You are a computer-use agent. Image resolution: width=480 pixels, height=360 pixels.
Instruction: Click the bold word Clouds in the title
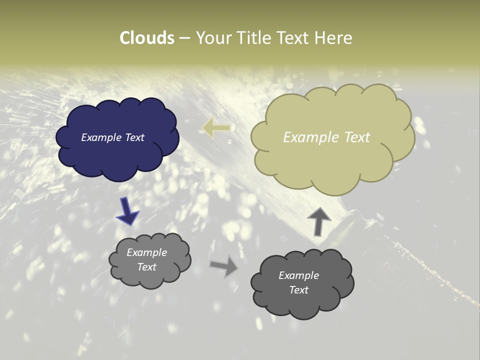click(147, 38)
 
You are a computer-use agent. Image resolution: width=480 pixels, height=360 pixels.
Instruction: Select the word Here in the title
click(334, 38)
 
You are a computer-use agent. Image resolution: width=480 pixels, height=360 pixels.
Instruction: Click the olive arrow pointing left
click(216, 128)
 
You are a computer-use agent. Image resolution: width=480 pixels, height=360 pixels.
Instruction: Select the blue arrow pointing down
click(127, 210)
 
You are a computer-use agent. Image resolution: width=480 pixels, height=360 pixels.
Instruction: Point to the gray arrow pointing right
click(224, 265)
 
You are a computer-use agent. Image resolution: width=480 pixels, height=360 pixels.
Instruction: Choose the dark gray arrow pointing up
click(319, 220)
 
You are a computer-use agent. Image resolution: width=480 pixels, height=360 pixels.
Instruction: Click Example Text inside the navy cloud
click(112, 137)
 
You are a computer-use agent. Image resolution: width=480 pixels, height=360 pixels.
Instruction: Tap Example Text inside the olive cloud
click(326, 137)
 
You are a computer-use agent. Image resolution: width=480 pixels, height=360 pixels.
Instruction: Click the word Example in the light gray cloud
click(146, 252)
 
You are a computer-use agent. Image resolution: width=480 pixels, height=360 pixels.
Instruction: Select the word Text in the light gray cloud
click(146, 267)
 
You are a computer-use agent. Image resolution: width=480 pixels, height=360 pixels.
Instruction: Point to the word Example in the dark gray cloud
click(298, 275)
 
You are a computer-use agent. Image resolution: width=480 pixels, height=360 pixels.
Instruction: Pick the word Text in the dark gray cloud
click(298, 290)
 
